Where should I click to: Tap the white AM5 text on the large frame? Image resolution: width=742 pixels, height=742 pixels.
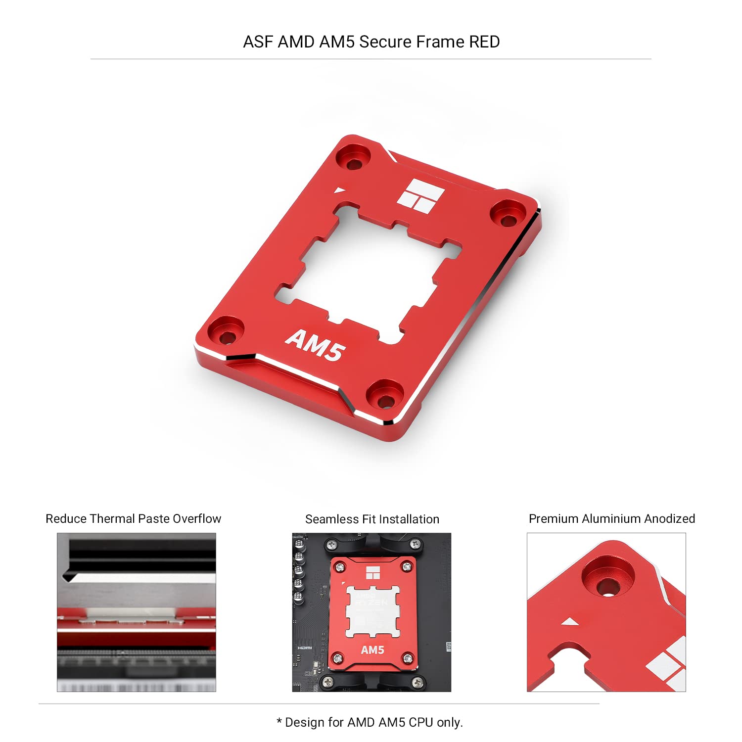tap(315, 344)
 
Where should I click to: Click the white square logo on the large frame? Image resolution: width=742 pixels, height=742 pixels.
tap(420, 196)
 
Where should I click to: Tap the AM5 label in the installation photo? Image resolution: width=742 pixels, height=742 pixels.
tap(372, 650)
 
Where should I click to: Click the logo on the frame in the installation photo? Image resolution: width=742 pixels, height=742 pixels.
tap(372, 573)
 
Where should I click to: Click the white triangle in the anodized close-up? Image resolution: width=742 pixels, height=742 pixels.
tap(569, 621)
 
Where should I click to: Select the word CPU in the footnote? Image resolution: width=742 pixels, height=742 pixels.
tap(421, 723)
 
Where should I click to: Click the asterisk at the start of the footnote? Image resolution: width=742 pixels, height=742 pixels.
tap(279, 721)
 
